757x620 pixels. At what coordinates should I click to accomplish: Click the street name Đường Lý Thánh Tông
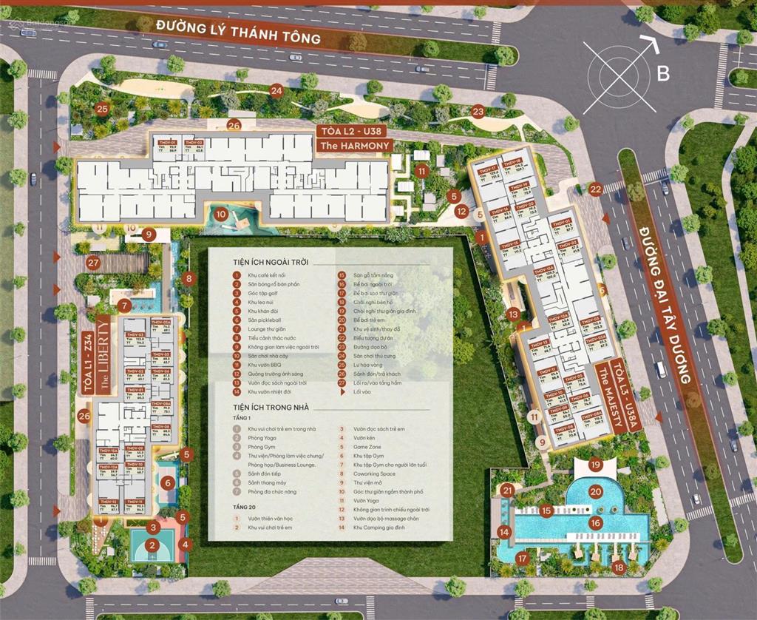tap(238, 32)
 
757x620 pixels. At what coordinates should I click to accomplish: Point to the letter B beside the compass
tap(663, 73)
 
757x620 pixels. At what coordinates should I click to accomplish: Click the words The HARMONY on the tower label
tap(354, 146)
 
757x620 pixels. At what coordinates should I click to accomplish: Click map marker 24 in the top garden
tap(276, 91)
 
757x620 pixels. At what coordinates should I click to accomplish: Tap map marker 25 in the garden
tap(102, 109)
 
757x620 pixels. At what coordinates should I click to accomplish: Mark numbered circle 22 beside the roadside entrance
tap(596, 189)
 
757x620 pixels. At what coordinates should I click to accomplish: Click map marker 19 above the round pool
tap(597, 466)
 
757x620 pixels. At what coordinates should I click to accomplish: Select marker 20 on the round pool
tap(595, 491)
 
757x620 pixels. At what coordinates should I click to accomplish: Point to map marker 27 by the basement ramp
tap(93, 262)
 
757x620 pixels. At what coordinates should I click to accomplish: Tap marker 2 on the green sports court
tap(152, 546)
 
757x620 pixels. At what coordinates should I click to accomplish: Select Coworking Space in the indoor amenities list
tap(374, 474)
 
